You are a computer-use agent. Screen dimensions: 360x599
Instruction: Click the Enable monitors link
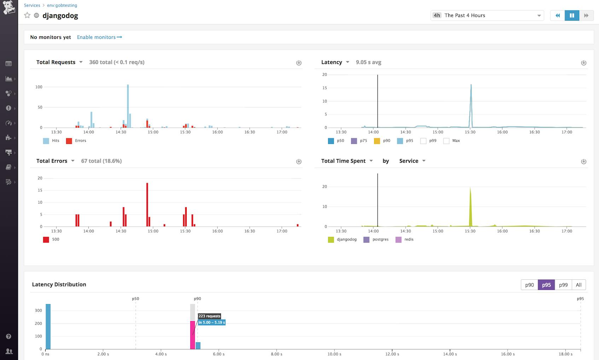pos(99,37)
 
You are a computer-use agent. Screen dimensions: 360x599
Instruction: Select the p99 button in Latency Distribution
pos(563,285)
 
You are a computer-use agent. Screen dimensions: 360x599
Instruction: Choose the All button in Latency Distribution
pos(578,285)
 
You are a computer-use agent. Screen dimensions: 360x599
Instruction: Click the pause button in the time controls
pos(572,16)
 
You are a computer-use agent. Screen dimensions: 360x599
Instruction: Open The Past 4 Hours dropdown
pos(487,16)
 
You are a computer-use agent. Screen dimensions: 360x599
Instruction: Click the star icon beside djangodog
pos(27,15)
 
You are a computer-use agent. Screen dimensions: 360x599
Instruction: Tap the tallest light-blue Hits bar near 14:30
pos(128,106)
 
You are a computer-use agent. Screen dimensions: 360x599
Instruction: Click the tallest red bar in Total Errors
pos(147,204)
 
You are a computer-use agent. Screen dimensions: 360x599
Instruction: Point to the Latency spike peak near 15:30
pos(471,85)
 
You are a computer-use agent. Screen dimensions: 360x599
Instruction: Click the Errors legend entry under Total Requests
pos(76,141)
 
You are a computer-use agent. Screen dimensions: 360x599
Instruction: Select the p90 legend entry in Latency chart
pos(382,141)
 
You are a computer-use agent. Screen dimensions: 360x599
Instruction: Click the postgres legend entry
pos(376,239)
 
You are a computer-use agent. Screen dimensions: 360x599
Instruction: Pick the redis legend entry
pos(405,239)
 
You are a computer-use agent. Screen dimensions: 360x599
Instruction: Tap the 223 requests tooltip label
pos(209,316)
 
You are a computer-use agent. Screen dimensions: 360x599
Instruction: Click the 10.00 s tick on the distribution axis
pos(334,354)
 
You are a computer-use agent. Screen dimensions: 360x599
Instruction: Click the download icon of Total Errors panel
pos(299,162)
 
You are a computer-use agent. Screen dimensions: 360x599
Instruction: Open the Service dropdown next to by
pos(412,161)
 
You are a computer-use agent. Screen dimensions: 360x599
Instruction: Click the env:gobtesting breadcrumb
pos(62,5)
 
